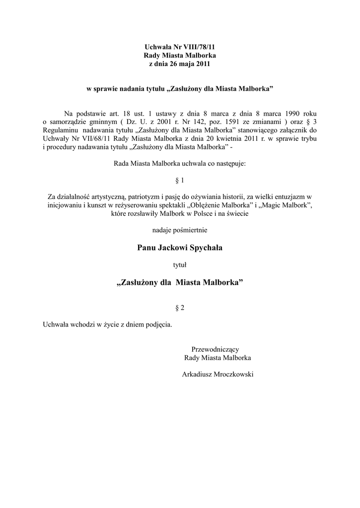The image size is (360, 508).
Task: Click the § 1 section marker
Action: [x=180, y=179]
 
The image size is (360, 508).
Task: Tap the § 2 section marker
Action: [x=180, y=308]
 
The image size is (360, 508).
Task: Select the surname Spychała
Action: [x=203, y=248]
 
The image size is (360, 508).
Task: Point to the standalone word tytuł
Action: [x=180, y=265]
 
